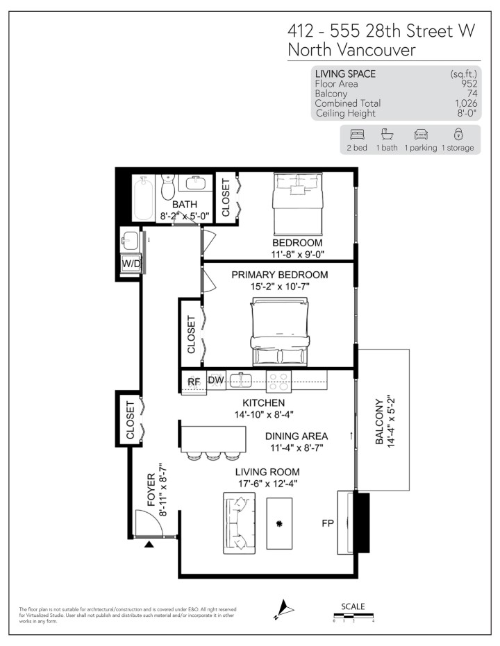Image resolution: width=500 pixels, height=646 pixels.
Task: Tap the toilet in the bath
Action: (167, 186)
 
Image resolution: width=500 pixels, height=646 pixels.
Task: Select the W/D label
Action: (130, 264)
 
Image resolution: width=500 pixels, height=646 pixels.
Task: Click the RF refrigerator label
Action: (194, 381)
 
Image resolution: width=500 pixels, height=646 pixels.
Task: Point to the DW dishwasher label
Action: (216, 380)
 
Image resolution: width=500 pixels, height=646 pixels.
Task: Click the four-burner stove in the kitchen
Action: (278, 381)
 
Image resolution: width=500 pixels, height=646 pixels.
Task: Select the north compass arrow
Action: (281, 609)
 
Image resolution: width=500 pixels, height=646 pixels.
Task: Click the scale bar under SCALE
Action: (353, 615)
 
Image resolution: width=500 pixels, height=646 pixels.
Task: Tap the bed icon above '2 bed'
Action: (358, 134)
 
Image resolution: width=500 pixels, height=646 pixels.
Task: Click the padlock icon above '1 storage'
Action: (458, 134)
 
